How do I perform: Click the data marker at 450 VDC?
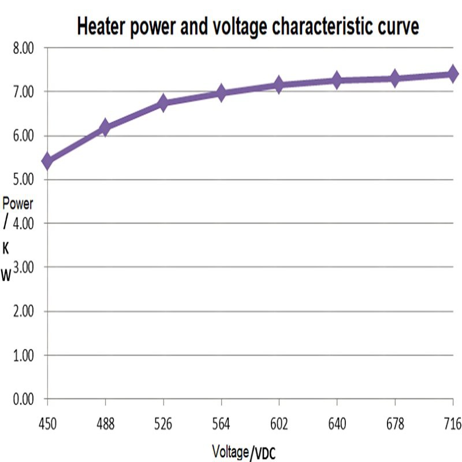pyautogui.click(x=47, y=161)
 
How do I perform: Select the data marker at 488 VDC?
pyautogui.click(x=105, y=128)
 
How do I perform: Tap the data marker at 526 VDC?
pyautogui.click(x=163, y=103)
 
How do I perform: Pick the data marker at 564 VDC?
pyautogui.click(x=221, y=92)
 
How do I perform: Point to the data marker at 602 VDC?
pyautogui.click(x=279, y=85)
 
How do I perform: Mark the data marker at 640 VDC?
pyautogui.click(x=337, y=80)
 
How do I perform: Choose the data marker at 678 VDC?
pyautogui.click(x=394, y=79)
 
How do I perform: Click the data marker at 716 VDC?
pyautogui.click(x=452, y=74)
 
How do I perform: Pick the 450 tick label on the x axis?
pyautogui.click(x=47, y=424)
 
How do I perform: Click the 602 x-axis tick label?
pyautogui.click(x=279, y=424)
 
